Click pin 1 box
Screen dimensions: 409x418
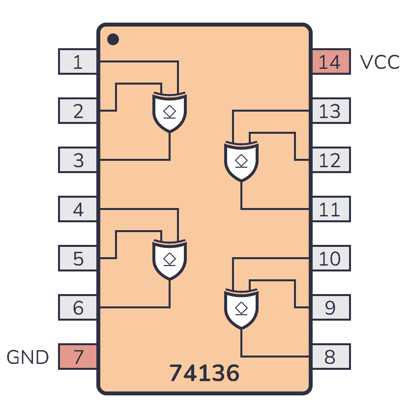click(x=78, y=62)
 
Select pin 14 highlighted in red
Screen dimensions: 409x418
click(x=331, y=62)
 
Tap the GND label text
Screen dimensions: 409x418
click(x=28, y=357)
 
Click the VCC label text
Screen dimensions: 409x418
click(x=380, y=62)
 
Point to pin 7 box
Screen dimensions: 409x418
click(x=78, y=357)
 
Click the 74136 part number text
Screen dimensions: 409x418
click(x=204, y=374)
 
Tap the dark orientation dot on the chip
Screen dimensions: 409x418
click(x=113, y=39)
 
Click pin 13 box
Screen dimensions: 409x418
click(x=331, y=111)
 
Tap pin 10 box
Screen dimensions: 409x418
click(x=331, y=259)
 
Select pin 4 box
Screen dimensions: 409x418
click(x=78, y=209)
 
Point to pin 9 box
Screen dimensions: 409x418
click(x=331, y=308)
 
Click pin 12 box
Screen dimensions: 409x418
click(x=331, y=160)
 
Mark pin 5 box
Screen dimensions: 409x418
click(x=78, y=259)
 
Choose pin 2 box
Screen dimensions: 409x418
click(x=78, y=111)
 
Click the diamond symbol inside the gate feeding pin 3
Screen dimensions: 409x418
click(x=170, y=111)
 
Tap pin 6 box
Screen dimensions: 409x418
click(x=78, y=308)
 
